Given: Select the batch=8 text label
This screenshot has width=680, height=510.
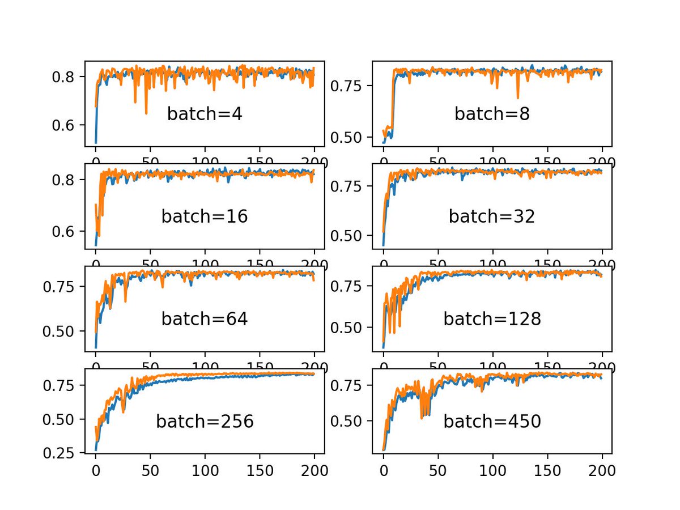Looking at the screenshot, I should pos(492,114).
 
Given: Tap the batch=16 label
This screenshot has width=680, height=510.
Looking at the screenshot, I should pos(205,216).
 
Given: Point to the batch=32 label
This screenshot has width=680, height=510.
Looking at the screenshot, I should pos(492,216).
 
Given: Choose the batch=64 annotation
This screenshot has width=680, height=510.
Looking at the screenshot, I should pos(205,319).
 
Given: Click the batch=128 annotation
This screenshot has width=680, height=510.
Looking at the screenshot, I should pos(492,319).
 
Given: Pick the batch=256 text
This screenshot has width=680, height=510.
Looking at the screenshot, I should pos(205,422).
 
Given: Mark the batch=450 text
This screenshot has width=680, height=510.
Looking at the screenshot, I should pos(492,422).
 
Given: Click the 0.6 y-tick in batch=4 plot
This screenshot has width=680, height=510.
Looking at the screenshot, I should pos(63,125).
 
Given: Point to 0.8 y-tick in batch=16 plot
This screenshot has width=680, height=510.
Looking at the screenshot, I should pos(63,180).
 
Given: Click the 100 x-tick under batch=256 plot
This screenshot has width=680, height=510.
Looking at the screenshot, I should pos(205,469).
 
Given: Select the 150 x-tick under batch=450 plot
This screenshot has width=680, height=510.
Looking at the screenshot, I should pos(547,469).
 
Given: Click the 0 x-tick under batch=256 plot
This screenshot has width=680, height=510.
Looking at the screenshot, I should pos(96,469).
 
